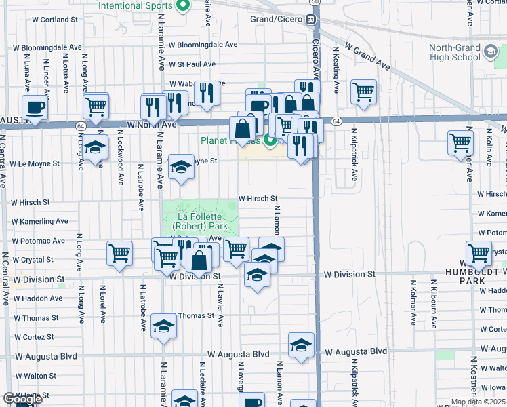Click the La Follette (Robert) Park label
200,220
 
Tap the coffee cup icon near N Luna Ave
35,106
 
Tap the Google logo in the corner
23,399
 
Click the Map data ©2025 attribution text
479,402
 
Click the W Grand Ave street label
367,56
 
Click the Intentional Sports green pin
182,7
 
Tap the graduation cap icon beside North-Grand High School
489,52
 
